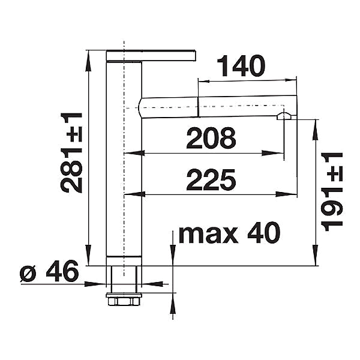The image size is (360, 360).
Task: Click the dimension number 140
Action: pyautogui.click(x=241, y=65)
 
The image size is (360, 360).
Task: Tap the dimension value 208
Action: pyautogui.click(x=211, y=138)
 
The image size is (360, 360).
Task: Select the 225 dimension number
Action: pyautogui.click(x=211, y=180)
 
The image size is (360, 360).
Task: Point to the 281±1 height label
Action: pyautogui.click(x=71, y=152)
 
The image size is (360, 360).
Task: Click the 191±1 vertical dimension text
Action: pyautogui.click(x=332, y=192)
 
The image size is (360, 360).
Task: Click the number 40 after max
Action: pyautogui.click(x=264, y=232)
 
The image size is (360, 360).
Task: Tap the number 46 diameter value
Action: pyautogui.click(x=62, y=271)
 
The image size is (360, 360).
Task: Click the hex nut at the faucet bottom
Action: pyautogui.click(x=124, y=301)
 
